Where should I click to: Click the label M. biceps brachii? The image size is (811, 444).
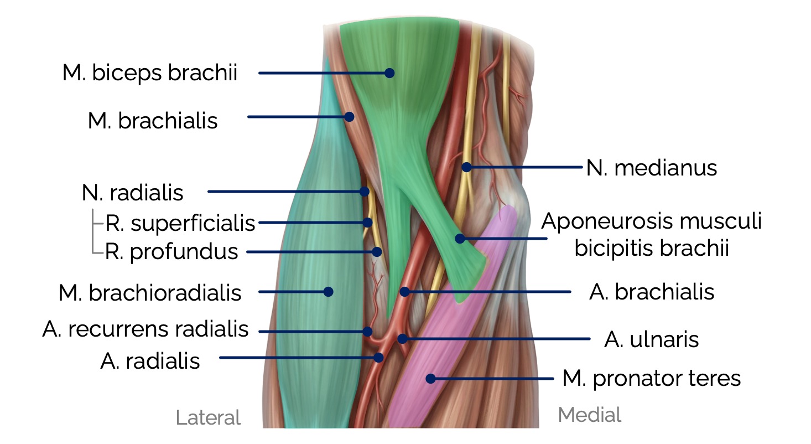[149, 73]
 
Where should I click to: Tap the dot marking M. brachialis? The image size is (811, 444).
[349, 117]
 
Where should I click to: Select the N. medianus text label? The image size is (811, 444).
[651, 168]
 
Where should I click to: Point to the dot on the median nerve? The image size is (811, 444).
[467, 167]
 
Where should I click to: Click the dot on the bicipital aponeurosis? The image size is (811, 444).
[459, 239]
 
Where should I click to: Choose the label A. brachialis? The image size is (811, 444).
[652, 292]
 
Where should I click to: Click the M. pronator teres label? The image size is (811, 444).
[651, 379]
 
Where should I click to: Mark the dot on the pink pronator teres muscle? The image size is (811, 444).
[429, 379]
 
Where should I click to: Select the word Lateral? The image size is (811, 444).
[208, 417]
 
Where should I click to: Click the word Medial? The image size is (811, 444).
[589, 414]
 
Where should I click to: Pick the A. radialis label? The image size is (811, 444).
[150, 361]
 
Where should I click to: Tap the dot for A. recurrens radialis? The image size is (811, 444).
[367, 332]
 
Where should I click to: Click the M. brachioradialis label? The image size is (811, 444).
[150, 292]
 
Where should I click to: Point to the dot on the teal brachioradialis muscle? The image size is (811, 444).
[329, 291]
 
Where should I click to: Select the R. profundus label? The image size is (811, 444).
[171, 252]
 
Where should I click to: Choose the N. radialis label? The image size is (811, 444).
[132, 193]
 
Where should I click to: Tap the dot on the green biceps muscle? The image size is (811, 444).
[389, 73]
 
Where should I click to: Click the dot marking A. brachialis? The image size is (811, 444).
[405, 291]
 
